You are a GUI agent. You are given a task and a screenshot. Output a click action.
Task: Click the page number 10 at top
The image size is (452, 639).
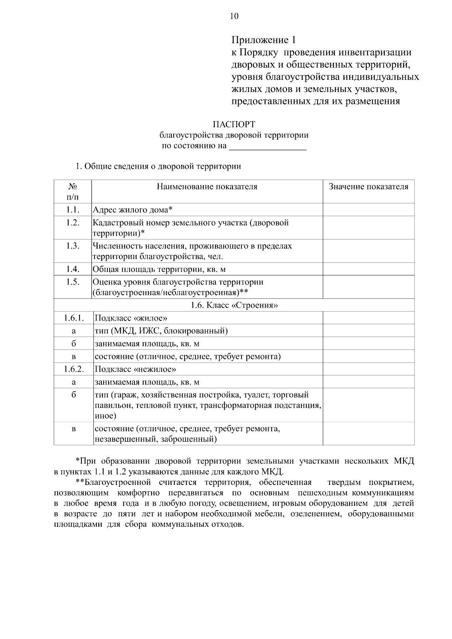coord(234,16)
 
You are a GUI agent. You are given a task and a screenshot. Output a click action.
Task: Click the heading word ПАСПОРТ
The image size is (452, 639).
coord(234,124)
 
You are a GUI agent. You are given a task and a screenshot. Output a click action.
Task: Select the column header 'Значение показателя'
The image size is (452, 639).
coord(368,187)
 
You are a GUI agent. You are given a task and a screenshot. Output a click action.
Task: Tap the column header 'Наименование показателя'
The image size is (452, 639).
coord(207,187)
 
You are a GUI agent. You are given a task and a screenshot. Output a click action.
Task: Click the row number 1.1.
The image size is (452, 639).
coord(73,210)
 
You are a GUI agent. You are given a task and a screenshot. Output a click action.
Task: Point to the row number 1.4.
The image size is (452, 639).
coord(73,269)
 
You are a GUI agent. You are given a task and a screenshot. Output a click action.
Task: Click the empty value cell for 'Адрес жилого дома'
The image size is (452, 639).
coord(368,210)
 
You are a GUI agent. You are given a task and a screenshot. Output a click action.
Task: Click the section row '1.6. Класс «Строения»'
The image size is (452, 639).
coord(234,305)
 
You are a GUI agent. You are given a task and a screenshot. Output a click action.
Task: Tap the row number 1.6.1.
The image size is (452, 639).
coord(73,318)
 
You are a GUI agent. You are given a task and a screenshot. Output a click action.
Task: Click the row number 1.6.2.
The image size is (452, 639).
coord(73,369)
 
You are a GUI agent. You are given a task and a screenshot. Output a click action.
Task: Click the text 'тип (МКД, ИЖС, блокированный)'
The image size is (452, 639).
coord(161,331)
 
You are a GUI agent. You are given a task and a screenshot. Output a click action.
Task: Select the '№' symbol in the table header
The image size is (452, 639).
coord(73,186)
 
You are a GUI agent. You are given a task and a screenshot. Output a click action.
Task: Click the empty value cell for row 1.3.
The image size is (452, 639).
coord(368,251)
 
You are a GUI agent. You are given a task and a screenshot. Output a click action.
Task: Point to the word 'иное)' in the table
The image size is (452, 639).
coord(105,416)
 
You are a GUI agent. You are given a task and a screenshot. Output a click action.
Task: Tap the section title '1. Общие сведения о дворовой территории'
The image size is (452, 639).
coord(158,166)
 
